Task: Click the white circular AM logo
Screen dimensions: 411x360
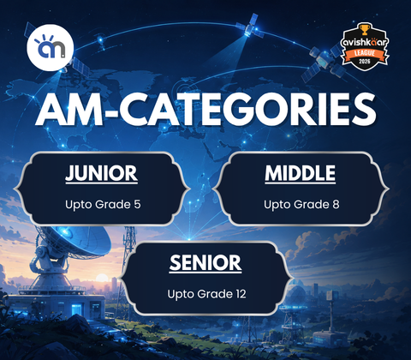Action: point(51,47)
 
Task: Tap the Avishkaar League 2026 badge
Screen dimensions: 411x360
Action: point(365,46)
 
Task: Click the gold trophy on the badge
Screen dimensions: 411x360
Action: point(364,29)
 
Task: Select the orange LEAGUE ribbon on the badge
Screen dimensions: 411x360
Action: point(365,53)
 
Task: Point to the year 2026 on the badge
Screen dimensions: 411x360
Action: point(365,62)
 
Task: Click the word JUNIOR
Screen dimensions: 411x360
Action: point(102,173)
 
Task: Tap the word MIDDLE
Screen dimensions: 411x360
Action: point(301,173)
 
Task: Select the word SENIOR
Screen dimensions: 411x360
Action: point(205,263)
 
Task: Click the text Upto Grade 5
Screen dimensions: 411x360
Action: point(103,205)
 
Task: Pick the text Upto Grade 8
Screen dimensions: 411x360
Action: point(301,205)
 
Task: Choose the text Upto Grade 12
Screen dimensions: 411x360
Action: point(206,294)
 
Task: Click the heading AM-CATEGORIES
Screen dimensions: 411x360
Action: point(205,110)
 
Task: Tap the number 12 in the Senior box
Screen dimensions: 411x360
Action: point(241,294)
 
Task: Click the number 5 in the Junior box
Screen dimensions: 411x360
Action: point(137,205)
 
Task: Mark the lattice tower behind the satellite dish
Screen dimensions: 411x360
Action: point(129,251)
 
